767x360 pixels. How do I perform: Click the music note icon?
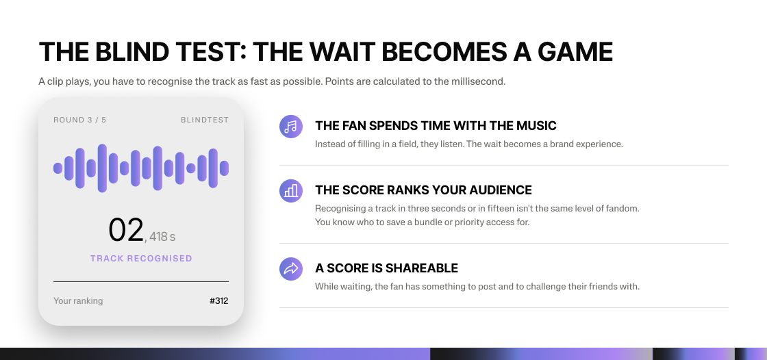(291, 127)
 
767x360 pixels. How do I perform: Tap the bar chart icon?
(291, 191)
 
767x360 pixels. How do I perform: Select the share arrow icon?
(291, 268)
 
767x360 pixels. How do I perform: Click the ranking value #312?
(218, 301)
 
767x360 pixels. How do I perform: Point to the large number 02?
(126, 230)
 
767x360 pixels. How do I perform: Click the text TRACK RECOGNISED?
(141, 258)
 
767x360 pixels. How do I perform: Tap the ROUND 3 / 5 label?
(79, 120)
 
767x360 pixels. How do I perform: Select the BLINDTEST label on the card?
(205, 120)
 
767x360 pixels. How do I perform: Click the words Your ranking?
(78, 301)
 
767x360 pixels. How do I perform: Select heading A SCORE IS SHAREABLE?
(386, 268)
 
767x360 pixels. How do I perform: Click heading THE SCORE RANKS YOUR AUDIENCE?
(423, 190)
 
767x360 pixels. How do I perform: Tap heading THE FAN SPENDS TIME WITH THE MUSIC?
(436, 126)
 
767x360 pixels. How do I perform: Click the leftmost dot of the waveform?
(58, 168)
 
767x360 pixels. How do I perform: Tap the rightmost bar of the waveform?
(224, 168)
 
